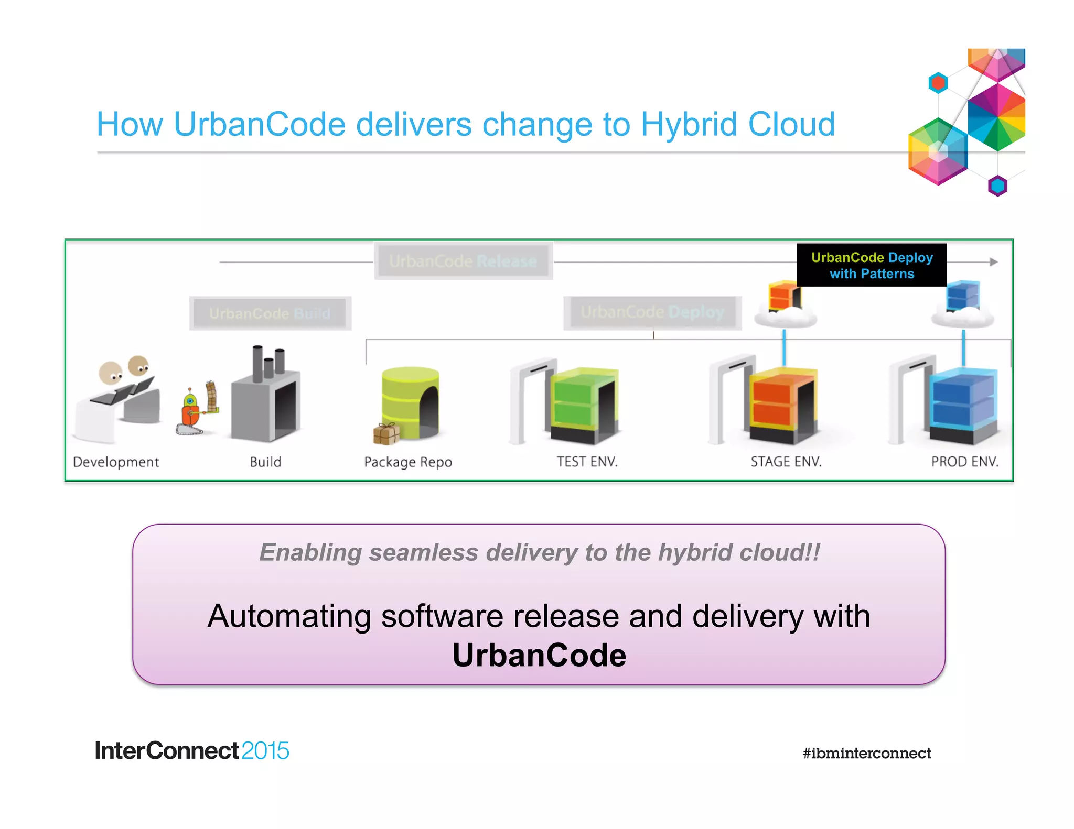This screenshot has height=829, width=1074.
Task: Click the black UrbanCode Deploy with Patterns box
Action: [x=872, y=265]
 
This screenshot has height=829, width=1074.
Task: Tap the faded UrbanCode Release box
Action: [x=463, y=261]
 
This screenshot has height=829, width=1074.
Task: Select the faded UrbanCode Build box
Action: [x=270, y=313]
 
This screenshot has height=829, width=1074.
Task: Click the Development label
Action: [x=116, y=462]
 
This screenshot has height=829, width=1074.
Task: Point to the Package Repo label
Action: [x=408, y=462]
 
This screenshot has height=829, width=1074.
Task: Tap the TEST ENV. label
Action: [x=587, y=462]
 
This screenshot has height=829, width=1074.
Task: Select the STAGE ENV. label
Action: [x=786, y=462]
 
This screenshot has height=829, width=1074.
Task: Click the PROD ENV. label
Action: [x=964, y=462]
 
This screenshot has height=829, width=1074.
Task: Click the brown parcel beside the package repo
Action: [x=386, y=433]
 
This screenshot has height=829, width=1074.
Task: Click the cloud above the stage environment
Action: [x=785, y=317]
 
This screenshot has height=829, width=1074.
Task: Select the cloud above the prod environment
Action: [x=962, y=317]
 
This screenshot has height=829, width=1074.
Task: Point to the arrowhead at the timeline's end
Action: [x=993, y=261]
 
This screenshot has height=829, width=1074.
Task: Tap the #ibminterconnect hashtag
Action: [x=866, y=754]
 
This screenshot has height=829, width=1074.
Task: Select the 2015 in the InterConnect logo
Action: [x=265, y=751]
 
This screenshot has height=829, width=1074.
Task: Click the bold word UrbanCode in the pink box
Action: [x=539, y=655]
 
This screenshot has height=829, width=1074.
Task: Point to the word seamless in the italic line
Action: [x=424, y=552]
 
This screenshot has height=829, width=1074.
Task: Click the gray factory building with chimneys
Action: [x=266, y=398]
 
